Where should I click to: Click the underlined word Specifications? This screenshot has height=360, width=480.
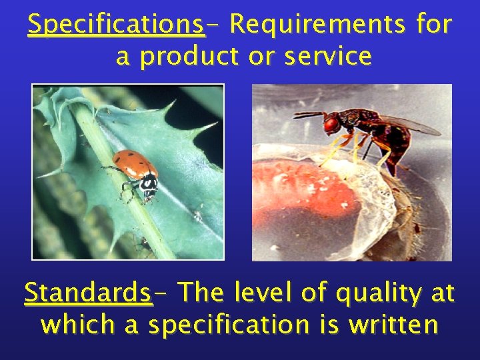coord(116,25)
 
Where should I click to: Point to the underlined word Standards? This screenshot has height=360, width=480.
coord(88,293)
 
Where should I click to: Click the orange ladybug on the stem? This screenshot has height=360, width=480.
coord(135,167)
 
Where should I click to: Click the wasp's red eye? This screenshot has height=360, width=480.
coord(331,124)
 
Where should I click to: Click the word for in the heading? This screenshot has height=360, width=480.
coord(433,25)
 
